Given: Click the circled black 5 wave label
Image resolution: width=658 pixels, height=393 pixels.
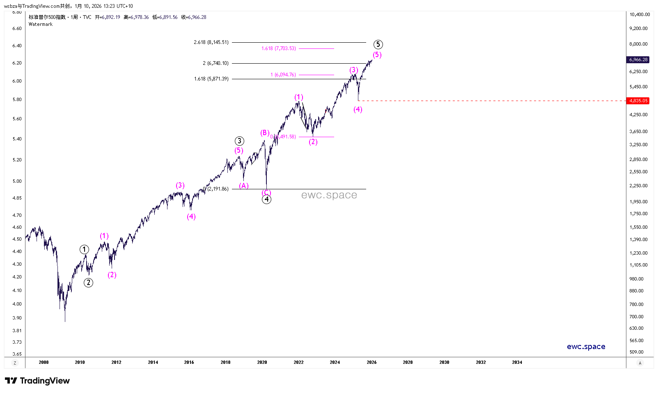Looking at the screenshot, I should tap(378, 44).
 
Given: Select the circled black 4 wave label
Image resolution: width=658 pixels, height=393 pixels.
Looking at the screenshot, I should tap(266, 200).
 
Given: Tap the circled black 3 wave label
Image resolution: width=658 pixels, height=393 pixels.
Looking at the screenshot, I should tap(239, 141).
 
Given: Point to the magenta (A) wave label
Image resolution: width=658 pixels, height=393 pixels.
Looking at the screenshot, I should tap(244, 186).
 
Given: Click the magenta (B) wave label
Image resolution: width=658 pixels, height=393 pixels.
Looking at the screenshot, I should tap(265, 133).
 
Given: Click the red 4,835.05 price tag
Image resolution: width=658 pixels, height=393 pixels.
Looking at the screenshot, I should tap(638, 101).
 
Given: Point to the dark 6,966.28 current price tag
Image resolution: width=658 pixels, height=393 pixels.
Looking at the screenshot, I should tap(638, 60).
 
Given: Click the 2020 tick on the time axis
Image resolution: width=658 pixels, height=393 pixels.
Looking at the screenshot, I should tap(262, 362).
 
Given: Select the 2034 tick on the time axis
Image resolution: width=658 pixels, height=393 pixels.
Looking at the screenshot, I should tap(517, 362).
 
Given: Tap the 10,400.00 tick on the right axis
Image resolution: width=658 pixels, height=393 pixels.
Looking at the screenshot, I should tap(640, 14).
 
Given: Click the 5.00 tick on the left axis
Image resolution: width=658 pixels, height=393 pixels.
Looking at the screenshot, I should tap(17, 181).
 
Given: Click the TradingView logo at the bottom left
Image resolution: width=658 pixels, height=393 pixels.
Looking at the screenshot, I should tap(37, 381).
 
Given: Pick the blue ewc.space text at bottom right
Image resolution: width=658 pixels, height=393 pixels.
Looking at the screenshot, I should tap(586, 347).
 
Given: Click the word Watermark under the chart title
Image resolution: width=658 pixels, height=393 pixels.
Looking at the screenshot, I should tap(41, 24).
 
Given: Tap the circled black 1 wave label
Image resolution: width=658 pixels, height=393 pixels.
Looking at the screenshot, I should tap(84, 250).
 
